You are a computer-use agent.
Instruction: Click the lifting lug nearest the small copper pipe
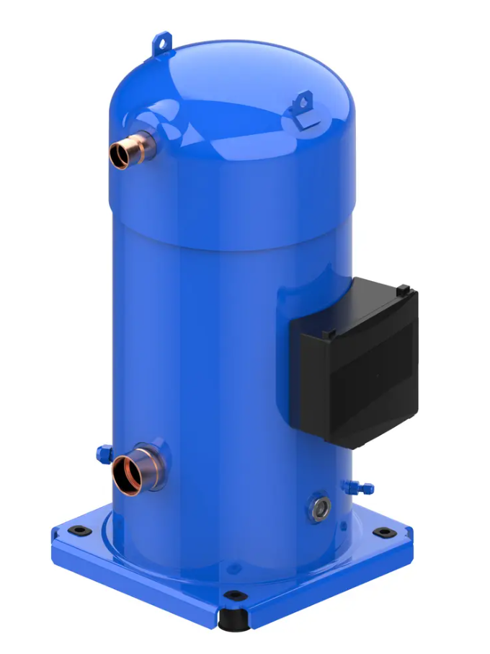pyautogui.click(x=164, y=43)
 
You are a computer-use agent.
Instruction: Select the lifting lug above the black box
pyautogui.click(x=301, y=102)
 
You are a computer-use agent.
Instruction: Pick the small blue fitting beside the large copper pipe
pyautogui.click(x=102, y=453)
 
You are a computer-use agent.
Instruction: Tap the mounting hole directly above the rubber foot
pyautogui.click(x=232, y=596)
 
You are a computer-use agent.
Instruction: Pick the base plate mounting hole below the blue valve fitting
pyautogui.click(x=384, y=533)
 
